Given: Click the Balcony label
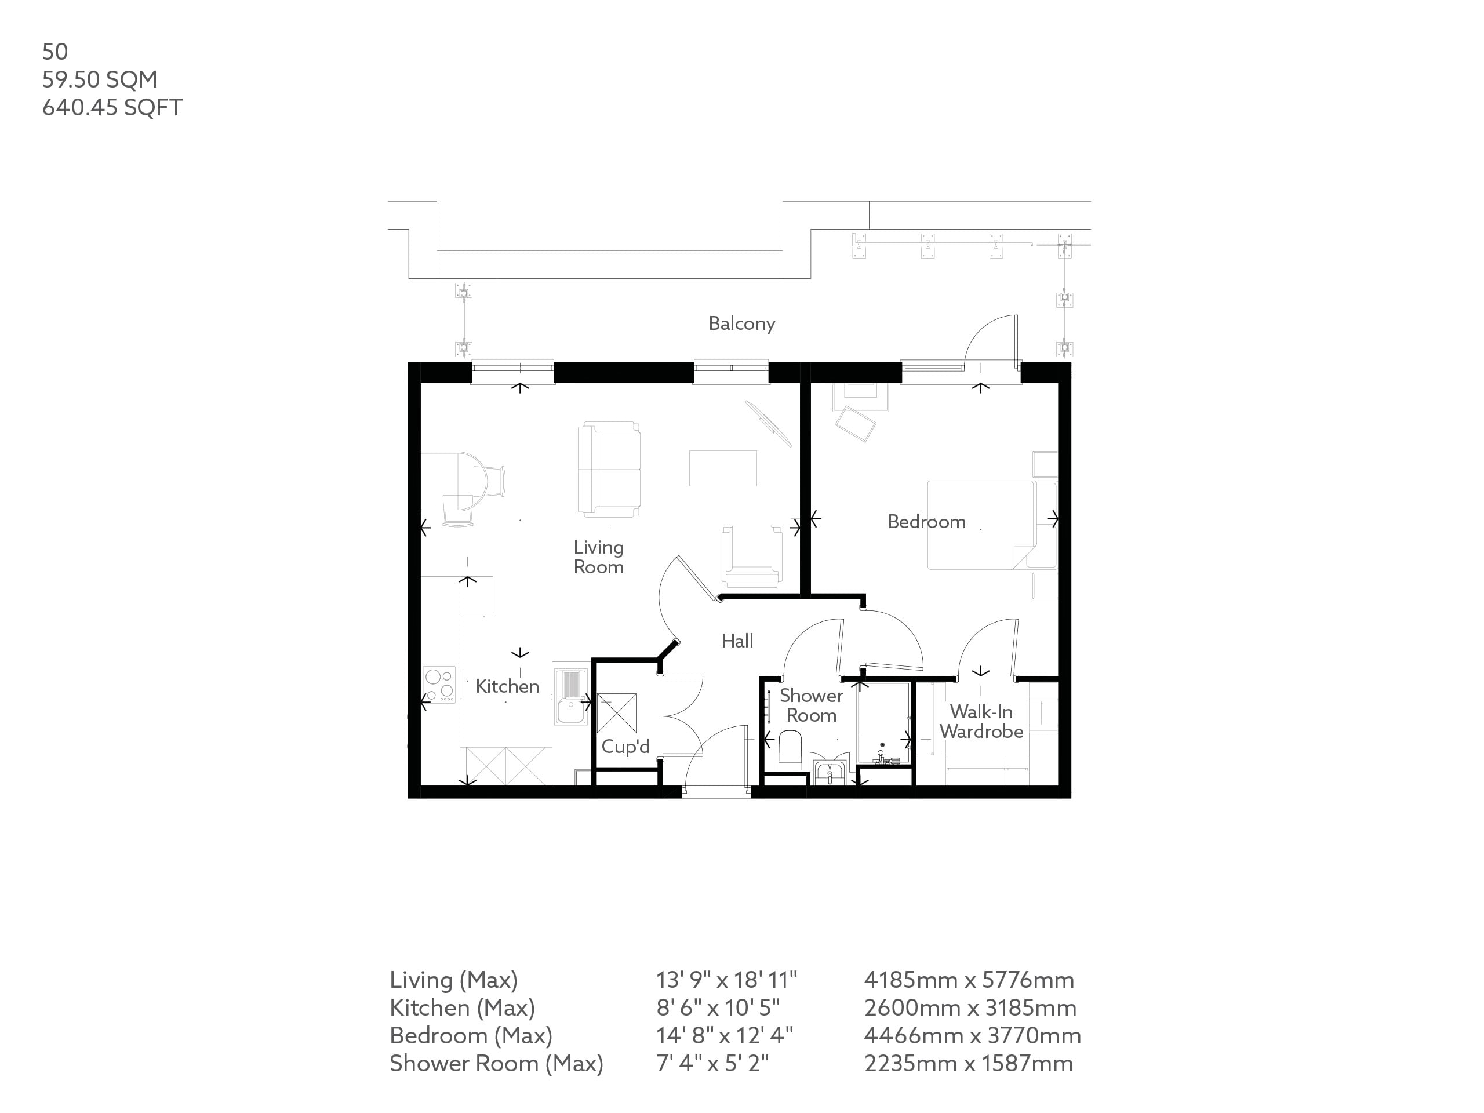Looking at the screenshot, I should (741, 323).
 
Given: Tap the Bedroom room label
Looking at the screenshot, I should (926, 521).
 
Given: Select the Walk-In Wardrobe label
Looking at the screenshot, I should (981, 721).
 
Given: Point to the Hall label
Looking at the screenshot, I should (737, 641).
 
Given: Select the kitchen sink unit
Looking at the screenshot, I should (570, 694).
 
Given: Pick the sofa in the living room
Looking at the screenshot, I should (609, 469).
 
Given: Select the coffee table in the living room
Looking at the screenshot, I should (722, 468).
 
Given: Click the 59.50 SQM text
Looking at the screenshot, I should (99, 79).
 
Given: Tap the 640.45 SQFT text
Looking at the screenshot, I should (112, 107).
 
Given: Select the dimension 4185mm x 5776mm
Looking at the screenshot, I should (968, 980).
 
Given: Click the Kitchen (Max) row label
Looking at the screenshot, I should (461, 1007).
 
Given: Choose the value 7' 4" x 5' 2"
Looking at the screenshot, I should (712, 1063).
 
